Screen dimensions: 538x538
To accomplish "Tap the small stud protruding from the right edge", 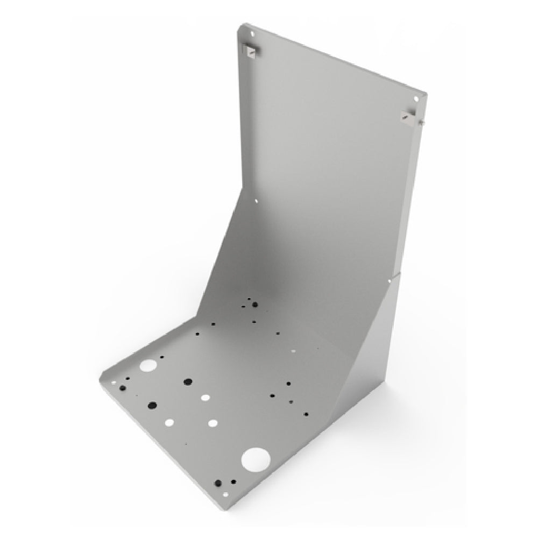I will pos(423,123).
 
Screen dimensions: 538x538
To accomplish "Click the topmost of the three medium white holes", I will pos(206,398).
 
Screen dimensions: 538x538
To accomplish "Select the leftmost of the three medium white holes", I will pos(155,422).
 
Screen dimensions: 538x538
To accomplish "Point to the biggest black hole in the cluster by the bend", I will pos(254,305).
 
